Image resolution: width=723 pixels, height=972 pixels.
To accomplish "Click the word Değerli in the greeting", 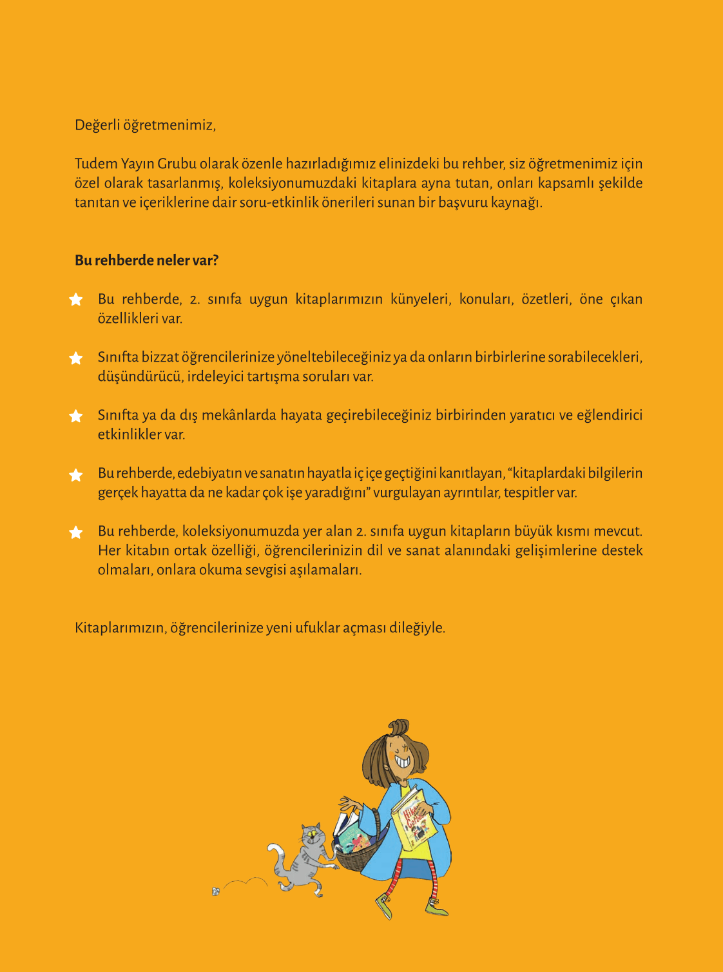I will tap(97, 125).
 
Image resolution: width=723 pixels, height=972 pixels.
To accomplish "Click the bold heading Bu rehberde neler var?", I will tap(146, 260).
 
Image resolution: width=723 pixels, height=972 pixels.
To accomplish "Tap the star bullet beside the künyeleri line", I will tap(76, 299).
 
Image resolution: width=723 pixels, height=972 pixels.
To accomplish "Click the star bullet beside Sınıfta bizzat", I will tap(76, 358).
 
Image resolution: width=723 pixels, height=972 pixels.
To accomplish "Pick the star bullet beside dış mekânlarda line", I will tap(76, 416).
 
